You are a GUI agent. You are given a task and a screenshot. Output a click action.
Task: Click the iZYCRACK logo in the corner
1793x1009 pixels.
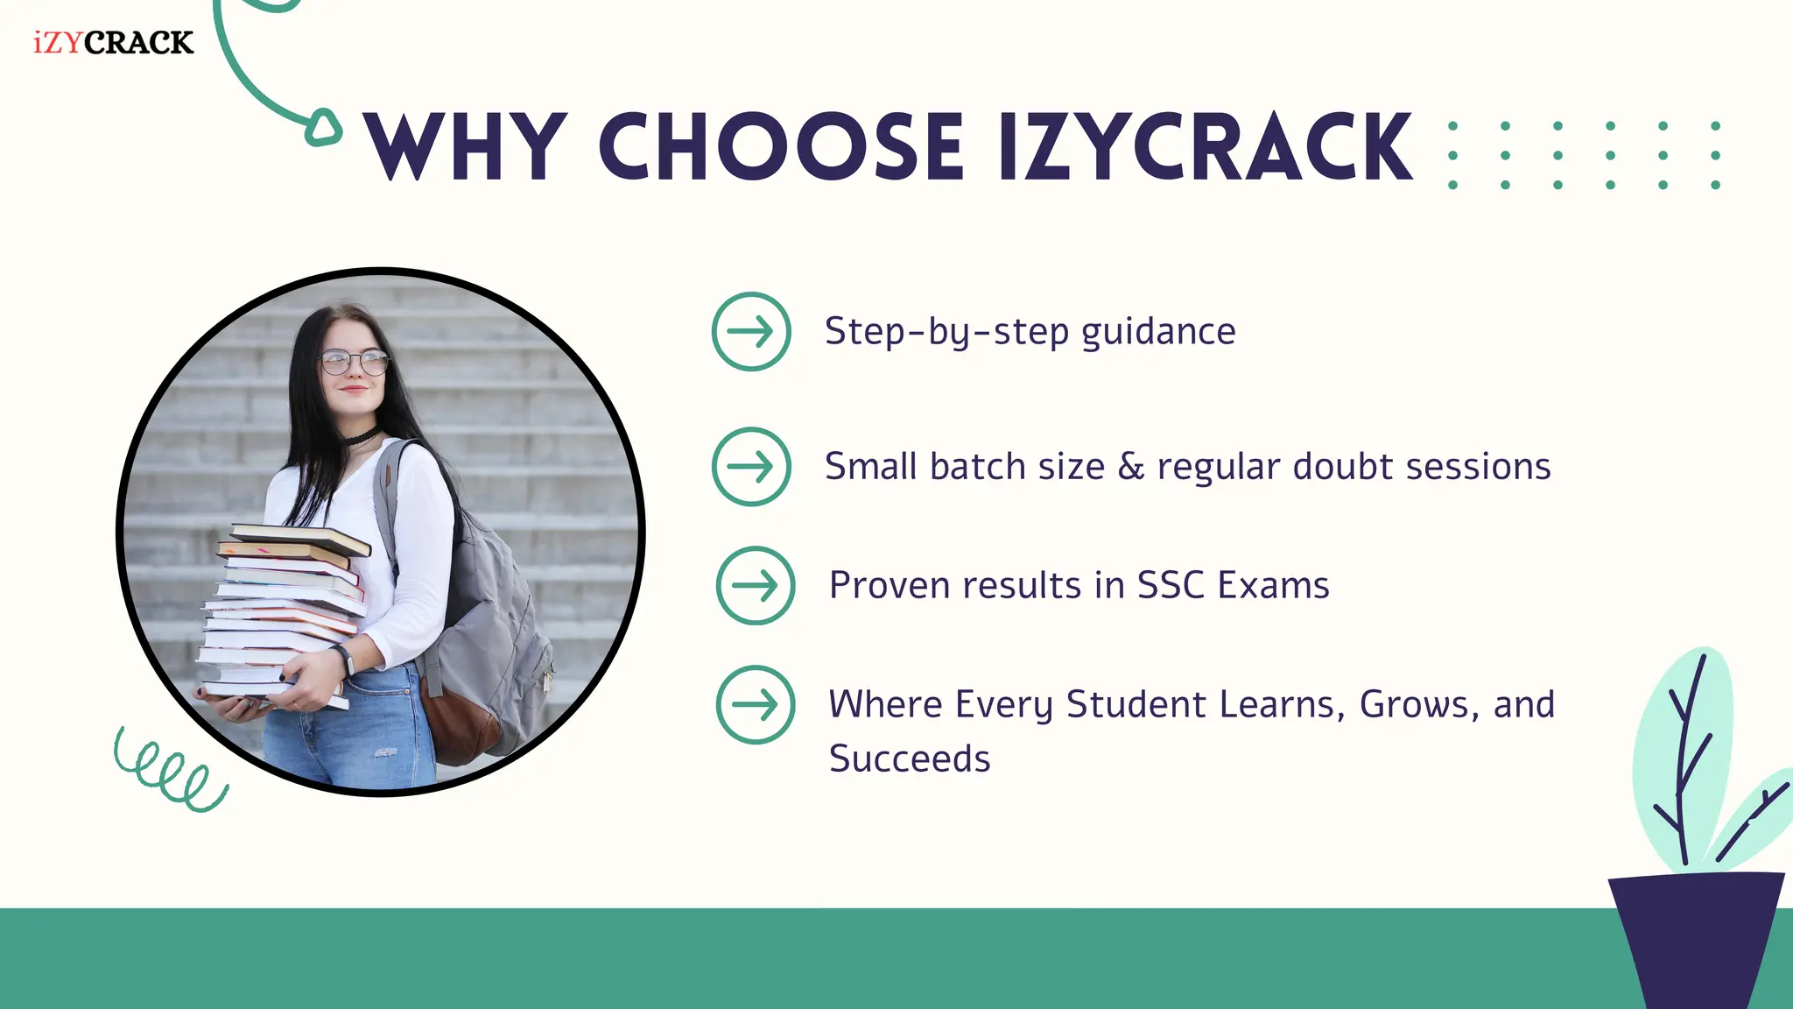point(113,42)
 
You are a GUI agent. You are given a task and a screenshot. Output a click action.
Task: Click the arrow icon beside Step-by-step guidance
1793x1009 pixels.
point(751,331)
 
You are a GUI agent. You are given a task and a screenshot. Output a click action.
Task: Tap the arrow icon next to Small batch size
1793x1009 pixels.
point(751,466)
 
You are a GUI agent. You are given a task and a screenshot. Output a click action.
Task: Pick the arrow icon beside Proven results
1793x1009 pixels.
point(755,585)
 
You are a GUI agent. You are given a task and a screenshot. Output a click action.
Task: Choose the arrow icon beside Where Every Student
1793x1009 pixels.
point(755,704)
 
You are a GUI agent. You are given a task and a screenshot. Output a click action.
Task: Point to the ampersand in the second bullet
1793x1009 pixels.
point(1131,467)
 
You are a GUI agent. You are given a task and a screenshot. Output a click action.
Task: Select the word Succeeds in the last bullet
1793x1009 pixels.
point(909,759)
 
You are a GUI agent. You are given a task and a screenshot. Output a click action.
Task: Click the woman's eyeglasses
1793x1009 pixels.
point(354,361)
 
